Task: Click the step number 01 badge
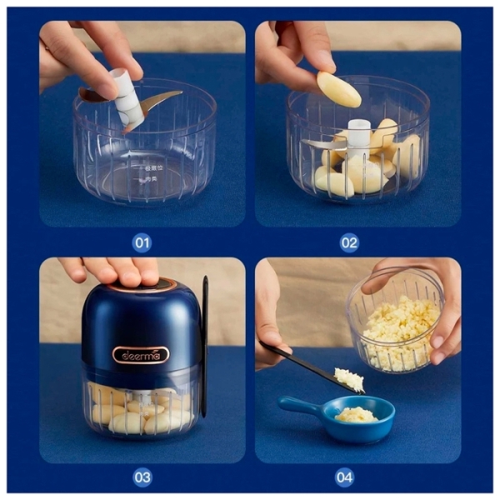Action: pos(142,242)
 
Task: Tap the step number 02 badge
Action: pos(349,242)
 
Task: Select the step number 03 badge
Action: pos(142,477)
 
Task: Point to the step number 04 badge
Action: pos(344,477)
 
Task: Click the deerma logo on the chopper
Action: pos(141,354)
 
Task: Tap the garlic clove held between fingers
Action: pos(338,89)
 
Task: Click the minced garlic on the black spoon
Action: pos(349,379)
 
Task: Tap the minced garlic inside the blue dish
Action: pos(356,414)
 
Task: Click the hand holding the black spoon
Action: pos(270,325)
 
